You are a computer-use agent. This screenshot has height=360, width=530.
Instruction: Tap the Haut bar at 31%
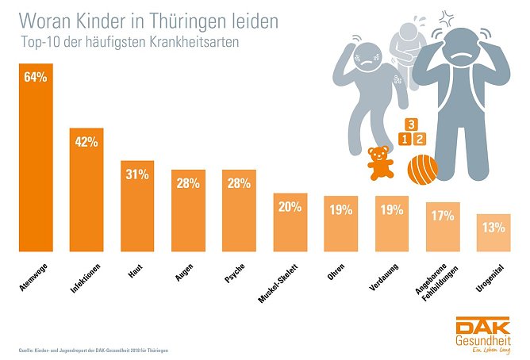[x=137, y=206]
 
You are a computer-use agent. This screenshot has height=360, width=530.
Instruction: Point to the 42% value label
[x=86, y=142]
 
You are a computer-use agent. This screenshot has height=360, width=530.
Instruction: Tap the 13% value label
[x=494, y=228]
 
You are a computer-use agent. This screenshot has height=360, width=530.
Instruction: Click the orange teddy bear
[x=382, y=163]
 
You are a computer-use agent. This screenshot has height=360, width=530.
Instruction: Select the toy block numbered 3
[x=411, y=124]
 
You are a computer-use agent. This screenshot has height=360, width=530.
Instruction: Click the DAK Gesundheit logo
[x=483, y=335]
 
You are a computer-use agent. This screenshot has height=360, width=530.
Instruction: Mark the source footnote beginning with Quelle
[x=94, y=350]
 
